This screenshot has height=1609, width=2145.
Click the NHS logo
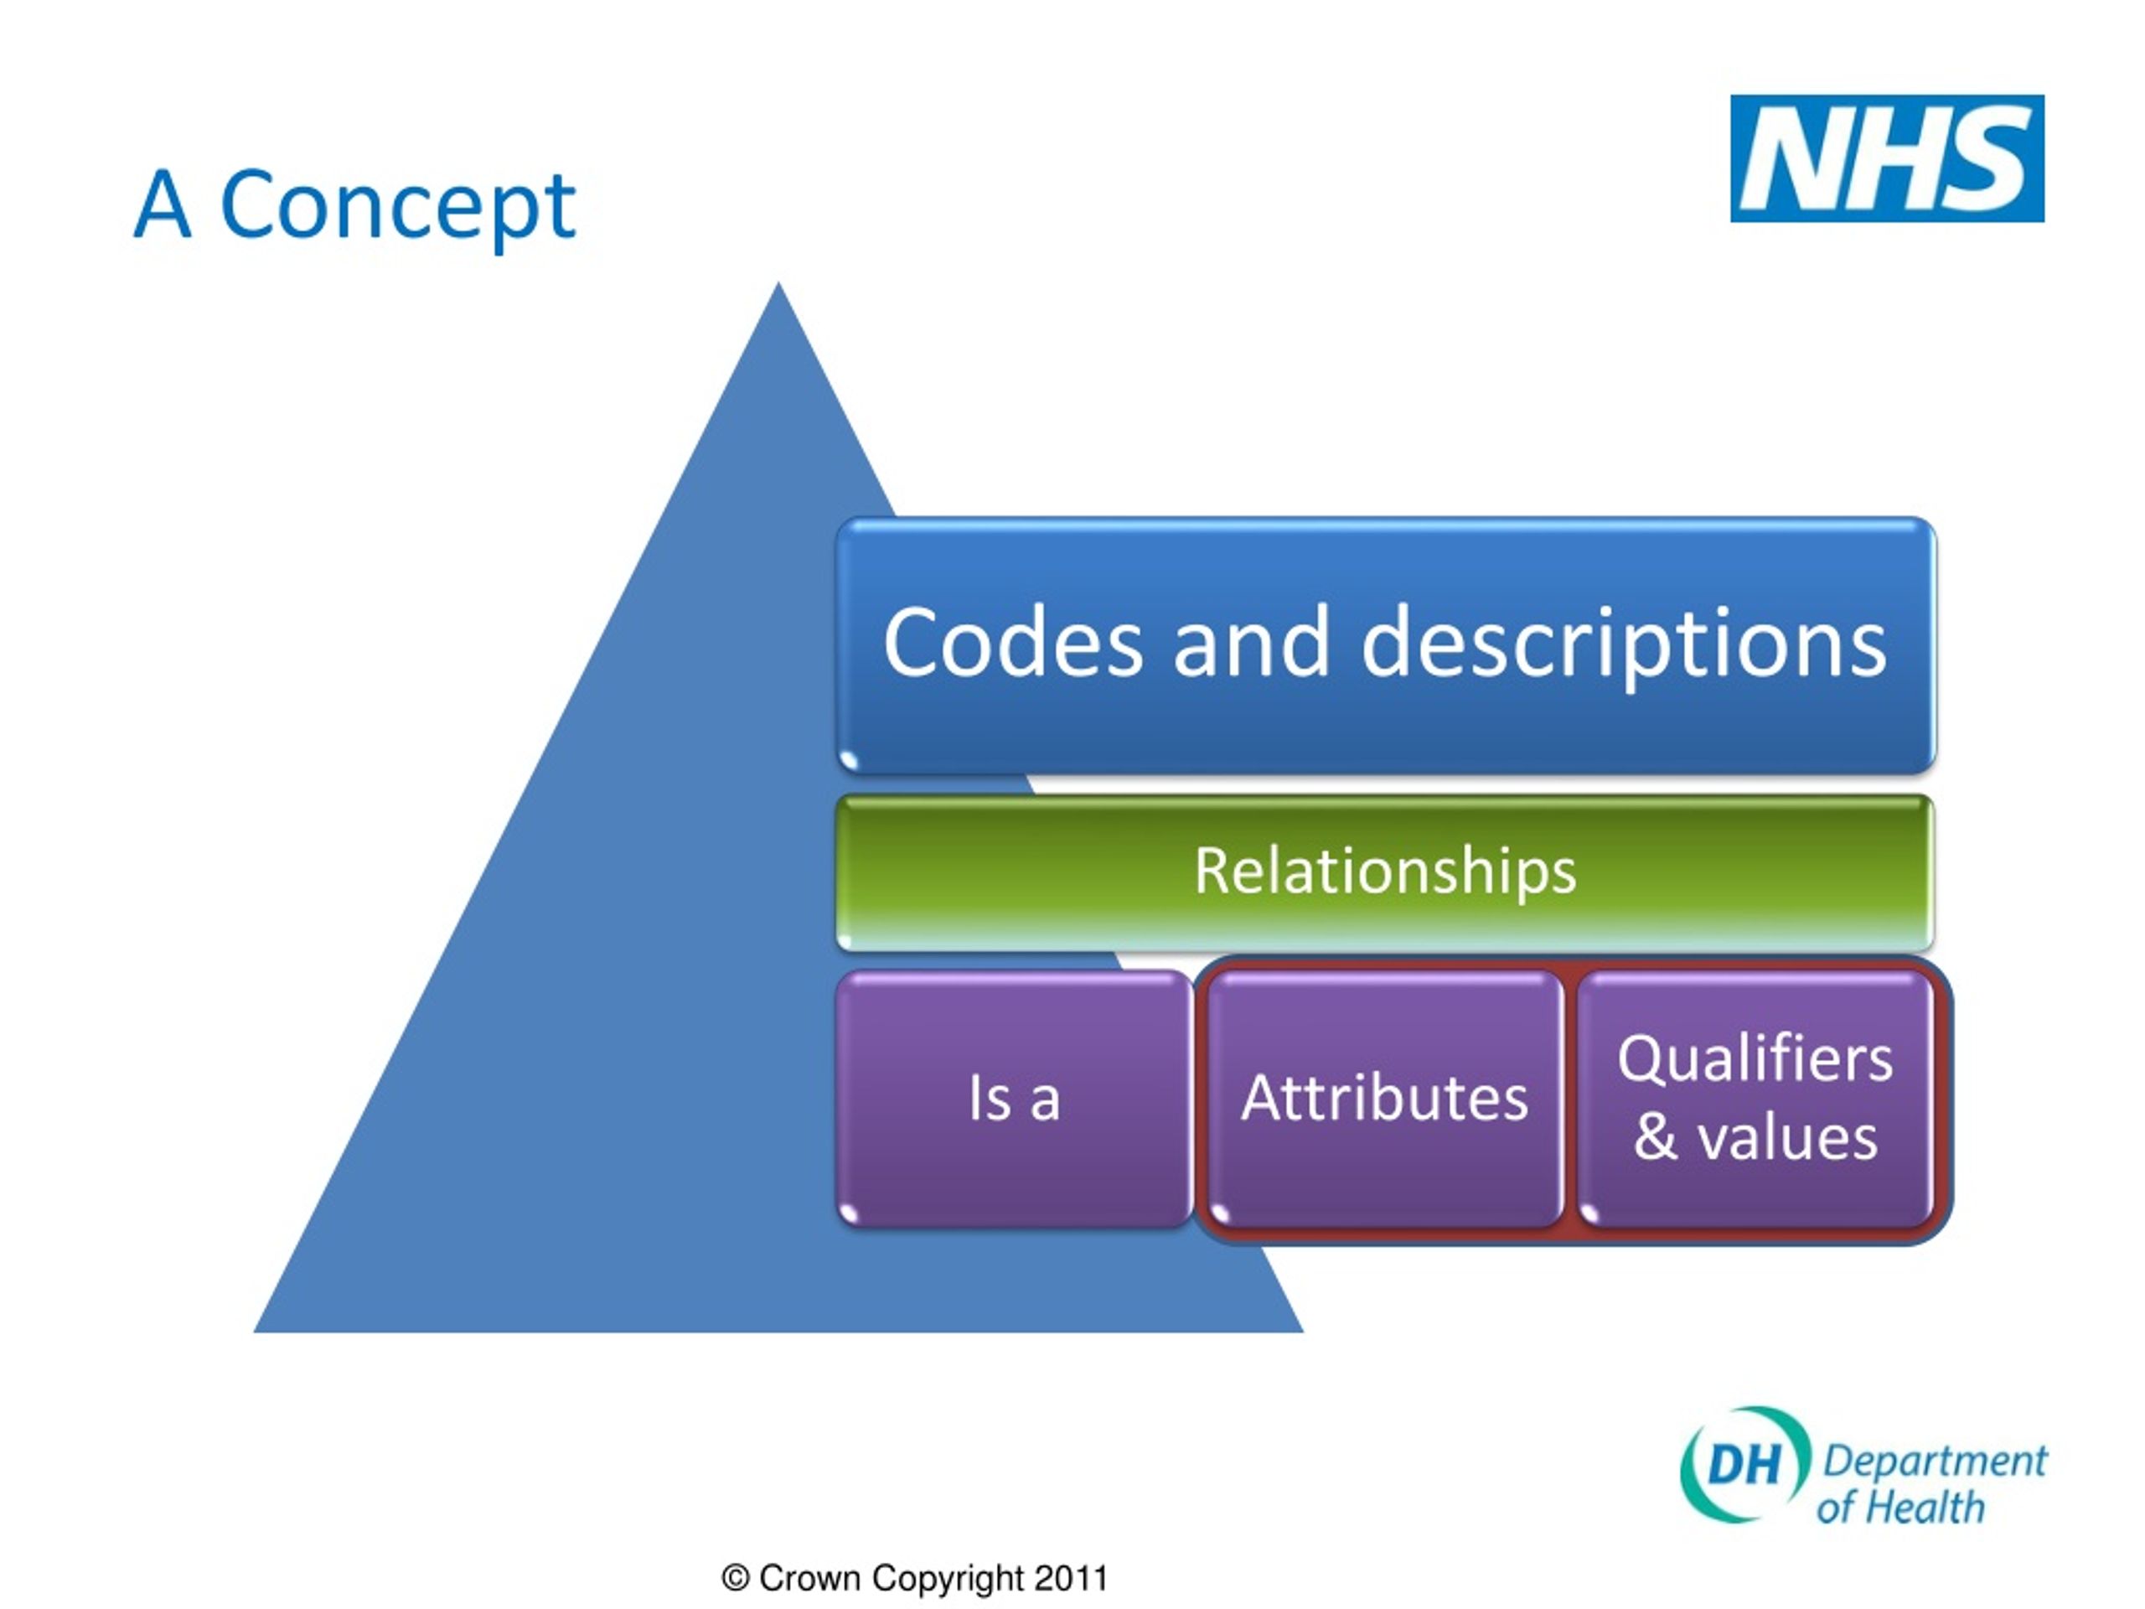pos(1887,158)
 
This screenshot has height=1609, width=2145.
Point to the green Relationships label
pos(1385,870)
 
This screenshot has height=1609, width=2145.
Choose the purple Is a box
pos(1015,1098)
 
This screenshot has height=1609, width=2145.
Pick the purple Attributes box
pos(1385,1098)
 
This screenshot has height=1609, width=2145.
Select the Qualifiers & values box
pos(1755,1098)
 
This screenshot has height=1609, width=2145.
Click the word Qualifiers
pos(1755,1058)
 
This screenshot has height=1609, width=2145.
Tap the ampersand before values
pos(1656,1136)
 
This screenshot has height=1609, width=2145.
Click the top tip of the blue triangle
pos(778,282)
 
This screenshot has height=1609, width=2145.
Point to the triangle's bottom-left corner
pos(254,1332)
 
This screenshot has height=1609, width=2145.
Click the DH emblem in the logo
pos(1744,1465)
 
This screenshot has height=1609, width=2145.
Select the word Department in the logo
pos(1935,1462)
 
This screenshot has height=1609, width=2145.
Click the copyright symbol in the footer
pos(735,1579)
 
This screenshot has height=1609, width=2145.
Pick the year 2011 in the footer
pos(1071,1578)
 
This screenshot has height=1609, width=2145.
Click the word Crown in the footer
pos(809,1578)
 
